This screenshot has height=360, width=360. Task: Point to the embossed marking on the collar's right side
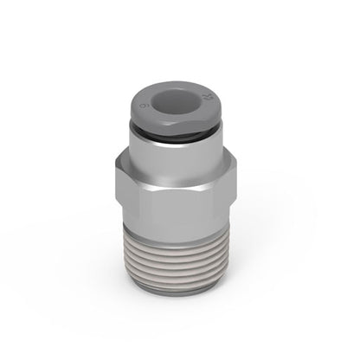click(206, 90)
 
